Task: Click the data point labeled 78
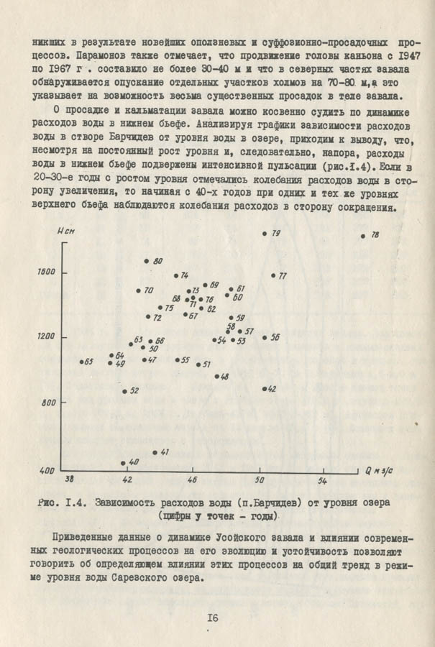[x=363, y=236]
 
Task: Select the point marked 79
[x=265, y=234]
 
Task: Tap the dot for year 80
[x=147, y=261]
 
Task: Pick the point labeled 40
[x=124, y=463]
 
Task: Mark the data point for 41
[x=155, y=452]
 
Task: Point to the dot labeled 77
[x=273, y=275]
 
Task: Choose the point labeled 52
[x=124, y=391]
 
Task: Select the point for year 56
[x=265, y=337]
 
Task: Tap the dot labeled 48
[x=216, y=377]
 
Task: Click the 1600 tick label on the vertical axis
[x=47, y=272]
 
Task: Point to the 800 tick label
[x=50, y=403]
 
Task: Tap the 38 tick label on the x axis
[x=70, y=479]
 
